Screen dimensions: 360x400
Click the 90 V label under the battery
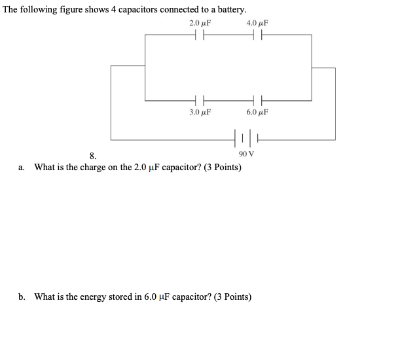[x=247, y=154]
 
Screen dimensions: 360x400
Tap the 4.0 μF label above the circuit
[x=257, y=24]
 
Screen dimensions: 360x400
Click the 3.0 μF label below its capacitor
[x=199, y=113]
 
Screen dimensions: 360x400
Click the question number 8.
[x=92, y=156]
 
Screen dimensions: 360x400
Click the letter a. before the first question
[x=22, y=168]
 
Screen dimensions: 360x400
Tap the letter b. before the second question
[x=22, y=297]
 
